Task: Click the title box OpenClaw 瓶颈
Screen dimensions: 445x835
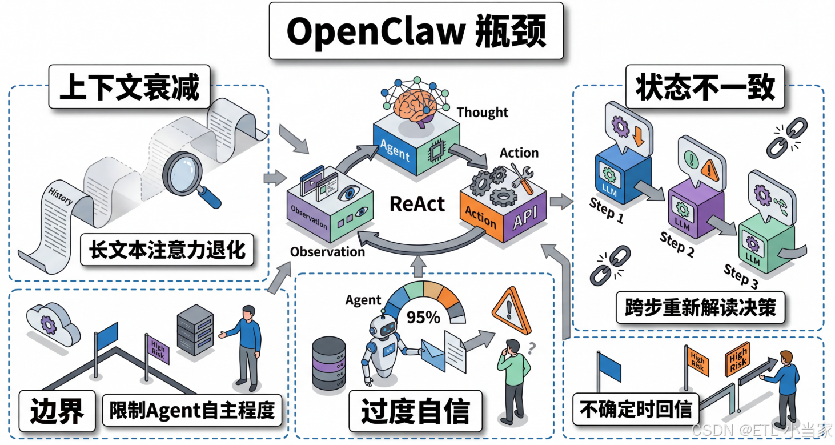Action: coord(416,31)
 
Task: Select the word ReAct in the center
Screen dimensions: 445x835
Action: coord(418,203)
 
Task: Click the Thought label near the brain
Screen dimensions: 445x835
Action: coord(482,113)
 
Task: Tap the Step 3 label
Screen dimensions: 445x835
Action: coord(741,276)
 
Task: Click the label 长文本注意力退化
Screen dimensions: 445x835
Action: coord(167,250)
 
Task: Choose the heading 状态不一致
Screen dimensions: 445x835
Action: coord(705,88)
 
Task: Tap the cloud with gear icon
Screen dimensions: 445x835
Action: coord(49,326)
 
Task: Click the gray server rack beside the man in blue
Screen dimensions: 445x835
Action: coord(195,333)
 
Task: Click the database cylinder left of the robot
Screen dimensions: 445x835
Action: coord(329,362)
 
